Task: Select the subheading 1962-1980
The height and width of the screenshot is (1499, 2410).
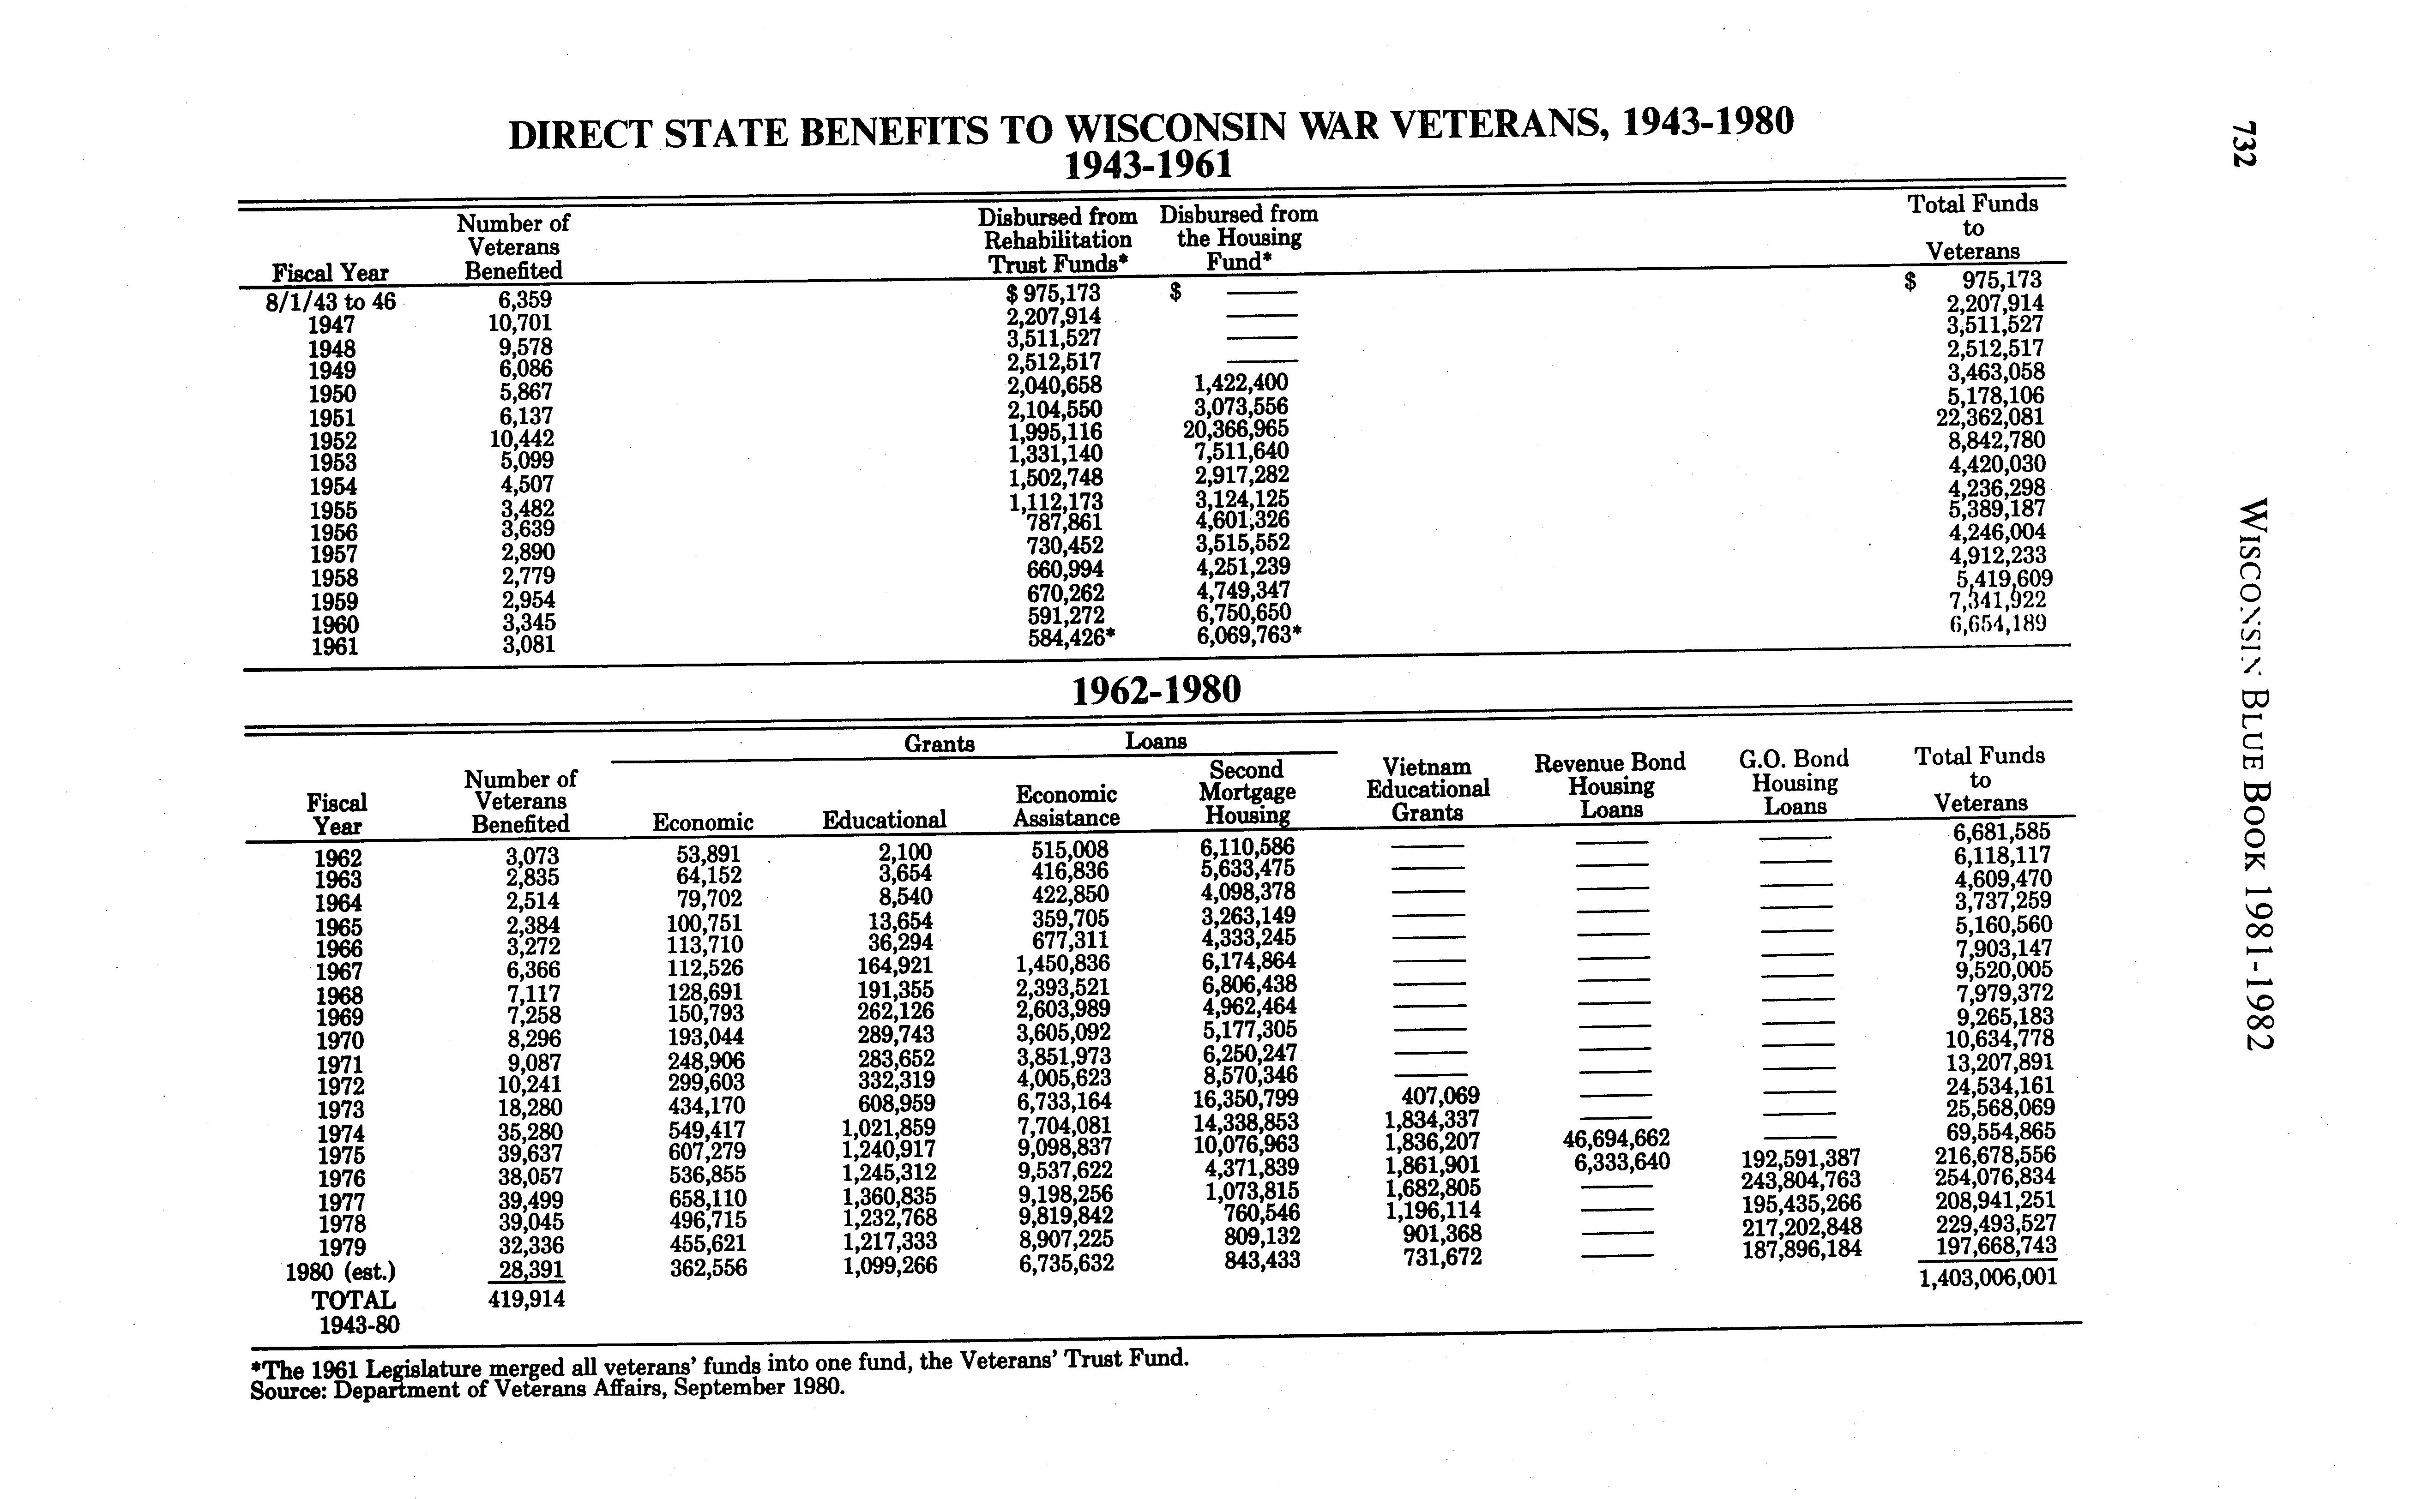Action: [1157, 689]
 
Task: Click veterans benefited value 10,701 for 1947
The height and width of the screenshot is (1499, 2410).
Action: [520, 323]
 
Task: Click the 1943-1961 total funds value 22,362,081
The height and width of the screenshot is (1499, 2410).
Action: [1989, 417]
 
